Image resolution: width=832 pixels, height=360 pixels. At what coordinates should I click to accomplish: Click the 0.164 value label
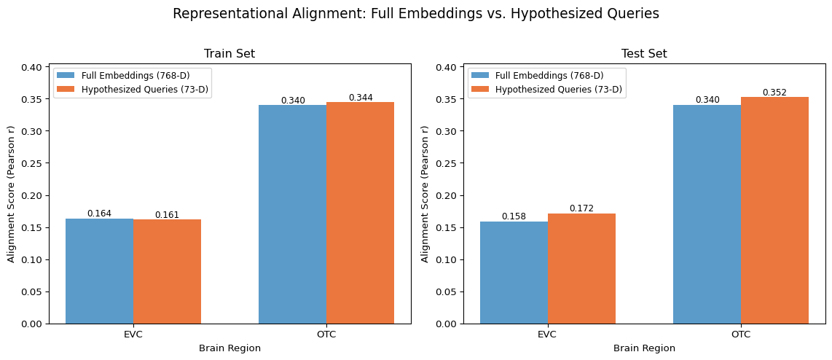(99, 214)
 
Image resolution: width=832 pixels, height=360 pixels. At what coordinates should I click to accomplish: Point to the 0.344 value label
(360, 97)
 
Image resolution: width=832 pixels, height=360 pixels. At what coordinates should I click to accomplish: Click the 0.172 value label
(581, 208)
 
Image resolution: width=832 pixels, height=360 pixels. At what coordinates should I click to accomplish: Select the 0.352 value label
(774, 92)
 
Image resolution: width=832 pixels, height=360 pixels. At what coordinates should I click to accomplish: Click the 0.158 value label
(514, 216)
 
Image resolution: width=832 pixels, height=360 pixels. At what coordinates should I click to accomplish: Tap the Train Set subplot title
(229, 54)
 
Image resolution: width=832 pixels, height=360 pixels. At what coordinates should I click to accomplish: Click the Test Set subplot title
(644, 54)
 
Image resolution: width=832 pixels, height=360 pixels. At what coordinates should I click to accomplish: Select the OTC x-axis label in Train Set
(326, 334)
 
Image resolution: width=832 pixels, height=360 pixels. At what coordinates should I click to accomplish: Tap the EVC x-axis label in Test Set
(547, 334)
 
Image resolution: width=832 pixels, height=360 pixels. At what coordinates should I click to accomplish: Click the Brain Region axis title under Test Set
(644, 348)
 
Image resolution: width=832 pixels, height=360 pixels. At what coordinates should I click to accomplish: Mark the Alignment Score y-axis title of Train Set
(12, 193)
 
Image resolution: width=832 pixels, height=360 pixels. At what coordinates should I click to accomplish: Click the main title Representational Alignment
(416, 13)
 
